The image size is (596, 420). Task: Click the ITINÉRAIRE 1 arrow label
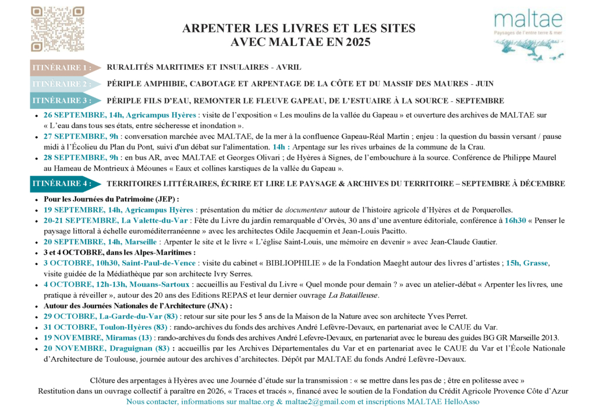coord(62,67)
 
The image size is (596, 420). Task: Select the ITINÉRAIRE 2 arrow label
coord(62,84)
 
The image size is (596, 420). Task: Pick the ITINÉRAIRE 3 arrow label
coord(62,101)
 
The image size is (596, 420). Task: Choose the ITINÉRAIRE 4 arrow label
coord(62,183)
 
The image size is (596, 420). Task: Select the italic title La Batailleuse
coord(353,295)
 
